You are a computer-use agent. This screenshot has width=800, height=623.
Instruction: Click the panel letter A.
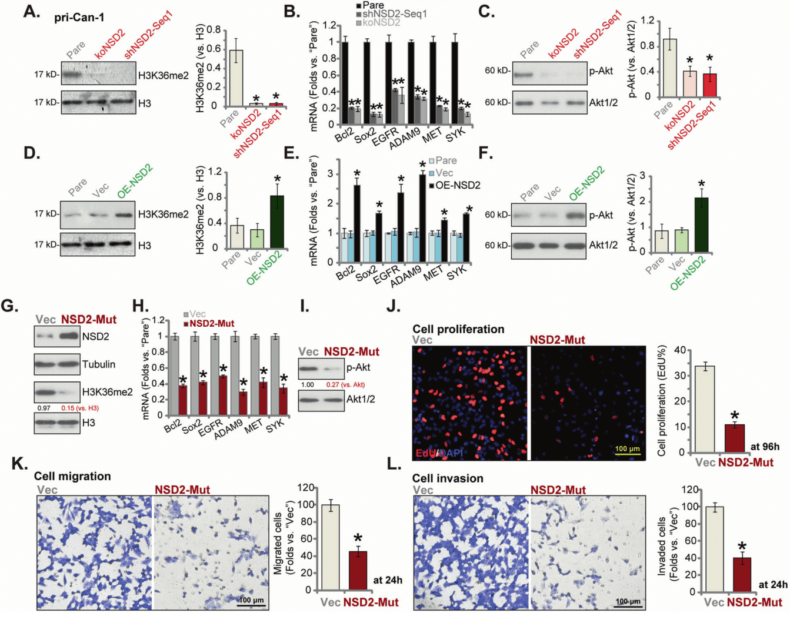(31, 11)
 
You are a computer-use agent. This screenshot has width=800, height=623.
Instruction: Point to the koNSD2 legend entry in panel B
(381, 22)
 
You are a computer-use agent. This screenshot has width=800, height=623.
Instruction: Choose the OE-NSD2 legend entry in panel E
(457, 185)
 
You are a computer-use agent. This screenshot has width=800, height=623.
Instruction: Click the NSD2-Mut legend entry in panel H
(211, 323)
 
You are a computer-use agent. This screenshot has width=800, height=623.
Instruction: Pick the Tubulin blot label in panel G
(99, 364)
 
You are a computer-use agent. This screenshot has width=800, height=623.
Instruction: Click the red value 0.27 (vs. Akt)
(345, 385)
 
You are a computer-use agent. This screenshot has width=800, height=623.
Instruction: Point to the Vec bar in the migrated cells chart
(330, 547)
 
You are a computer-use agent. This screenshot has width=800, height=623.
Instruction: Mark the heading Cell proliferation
(458, 329)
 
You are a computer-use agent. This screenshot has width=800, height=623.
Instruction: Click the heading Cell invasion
(448, 478)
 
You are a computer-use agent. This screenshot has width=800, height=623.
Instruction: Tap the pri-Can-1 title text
(79, 18)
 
